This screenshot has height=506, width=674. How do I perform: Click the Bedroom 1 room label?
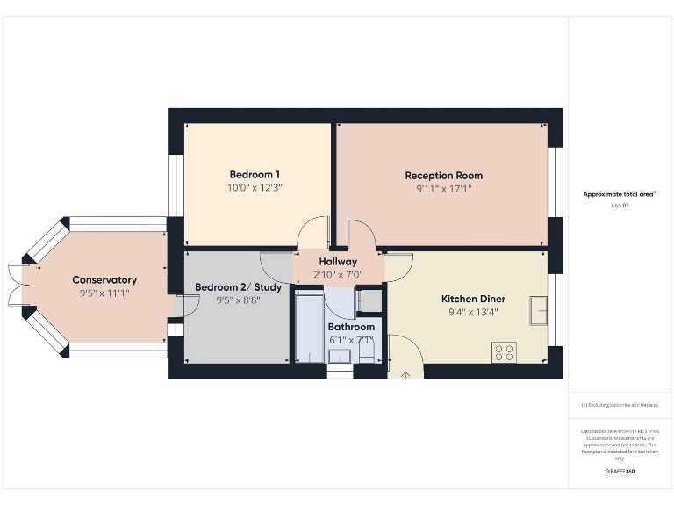point(255,174)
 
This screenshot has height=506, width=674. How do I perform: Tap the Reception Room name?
point(443,175)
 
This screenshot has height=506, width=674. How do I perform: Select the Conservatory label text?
point(104,280)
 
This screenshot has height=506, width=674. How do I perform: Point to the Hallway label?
point(338,262)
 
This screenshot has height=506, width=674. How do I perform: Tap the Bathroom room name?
point(351,327)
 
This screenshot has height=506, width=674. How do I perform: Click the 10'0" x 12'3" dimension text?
point(255,187)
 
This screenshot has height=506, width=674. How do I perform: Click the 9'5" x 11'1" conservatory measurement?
point(104,293)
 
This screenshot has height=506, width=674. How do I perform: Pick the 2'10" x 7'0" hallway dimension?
point(338,275)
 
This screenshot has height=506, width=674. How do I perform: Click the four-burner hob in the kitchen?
point(505,352)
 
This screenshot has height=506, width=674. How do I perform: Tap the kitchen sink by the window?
point(539,308)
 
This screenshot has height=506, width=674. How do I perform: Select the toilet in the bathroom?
point(367,353)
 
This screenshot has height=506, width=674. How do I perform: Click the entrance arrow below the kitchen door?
point(406,377)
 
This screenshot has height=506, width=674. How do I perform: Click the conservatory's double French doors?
point(14,284)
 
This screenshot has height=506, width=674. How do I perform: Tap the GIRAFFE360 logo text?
point(620,472)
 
